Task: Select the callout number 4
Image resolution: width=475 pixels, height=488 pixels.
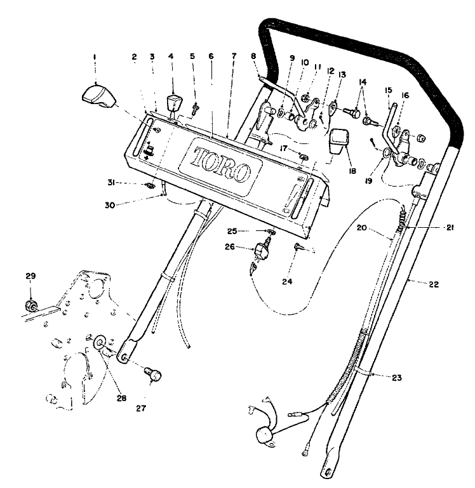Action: point(171,56)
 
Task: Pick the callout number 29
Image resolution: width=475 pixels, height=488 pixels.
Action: point(30,276)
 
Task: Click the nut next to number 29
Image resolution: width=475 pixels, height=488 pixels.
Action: point(29,307)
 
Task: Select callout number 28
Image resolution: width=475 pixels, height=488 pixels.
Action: point(121,399)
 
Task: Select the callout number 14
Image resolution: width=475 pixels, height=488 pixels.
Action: point(363,82)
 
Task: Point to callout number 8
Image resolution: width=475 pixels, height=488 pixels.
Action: point(253,56)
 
